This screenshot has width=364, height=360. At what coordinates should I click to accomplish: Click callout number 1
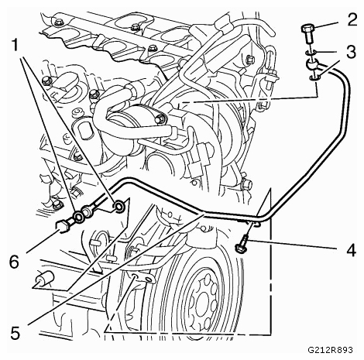[16, 46]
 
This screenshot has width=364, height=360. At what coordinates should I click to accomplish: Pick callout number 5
[15, 332]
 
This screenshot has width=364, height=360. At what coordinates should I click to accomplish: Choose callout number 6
[15, 262]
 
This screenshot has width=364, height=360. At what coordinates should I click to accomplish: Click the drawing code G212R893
[330, 350]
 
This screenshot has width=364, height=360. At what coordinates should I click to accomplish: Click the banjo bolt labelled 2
[307, 33]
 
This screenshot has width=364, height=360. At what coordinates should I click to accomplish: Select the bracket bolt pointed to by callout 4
[242, 243]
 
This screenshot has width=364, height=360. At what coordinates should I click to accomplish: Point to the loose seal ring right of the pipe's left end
[119, 206]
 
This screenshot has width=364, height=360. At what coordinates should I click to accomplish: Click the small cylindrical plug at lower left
[44, 279]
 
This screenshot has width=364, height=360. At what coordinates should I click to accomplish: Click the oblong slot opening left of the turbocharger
[84, 131]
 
